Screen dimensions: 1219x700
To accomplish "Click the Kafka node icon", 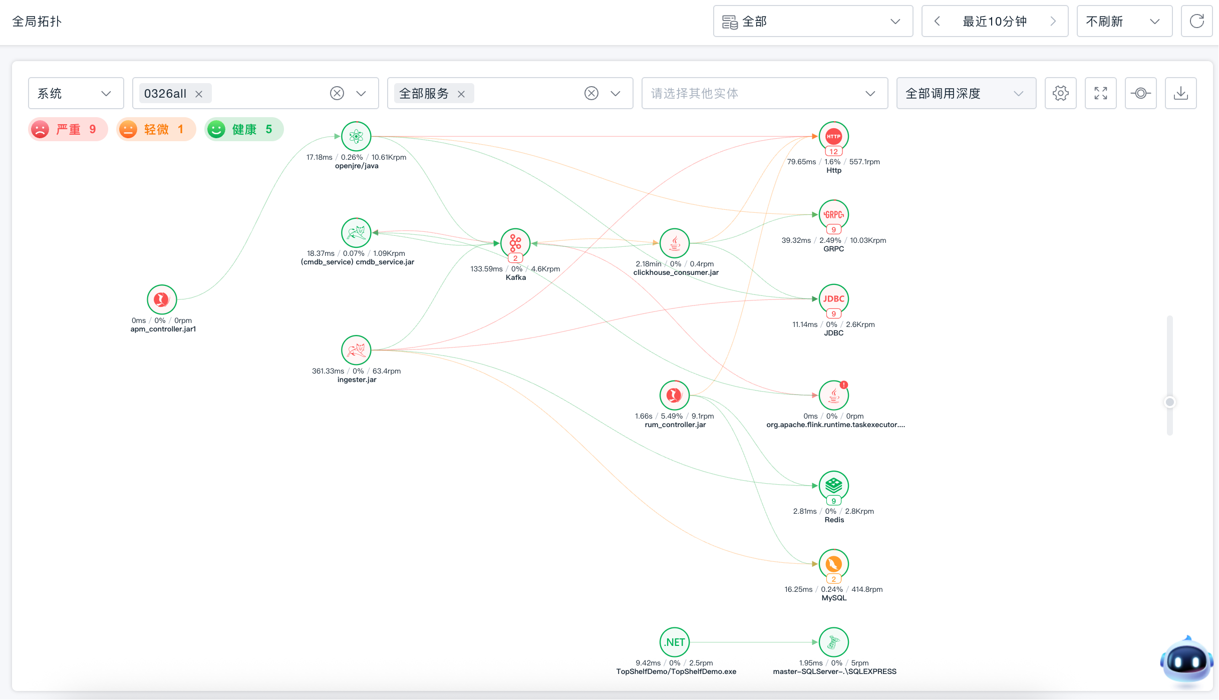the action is click(x=515, y=243).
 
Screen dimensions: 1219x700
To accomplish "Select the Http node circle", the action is click(x=833, y=136).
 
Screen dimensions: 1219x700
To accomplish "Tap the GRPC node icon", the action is click(x=833, y=215).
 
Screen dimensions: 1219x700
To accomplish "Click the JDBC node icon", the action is click(x=833, y=299).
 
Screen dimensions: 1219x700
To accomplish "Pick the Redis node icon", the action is click(x=833, y=486).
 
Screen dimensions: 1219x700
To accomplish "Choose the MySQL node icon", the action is click(x=833, y=564).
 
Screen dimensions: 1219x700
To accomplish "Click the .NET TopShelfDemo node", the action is click(x=675, y=642).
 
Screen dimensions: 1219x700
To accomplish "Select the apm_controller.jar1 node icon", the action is click(x=162, y=299).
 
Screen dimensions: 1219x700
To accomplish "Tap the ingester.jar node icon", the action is click(x=356, y=350).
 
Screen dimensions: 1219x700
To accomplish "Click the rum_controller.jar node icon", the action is click(x=675, y=395).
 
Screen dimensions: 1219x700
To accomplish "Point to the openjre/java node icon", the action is click(x=356, y=136).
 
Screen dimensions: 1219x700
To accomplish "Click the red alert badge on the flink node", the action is click(x=844, y=385).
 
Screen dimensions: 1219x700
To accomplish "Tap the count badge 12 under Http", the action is click(x=833, y=152).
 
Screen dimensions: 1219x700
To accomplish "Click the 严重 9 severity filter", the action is click(x=68, y=130).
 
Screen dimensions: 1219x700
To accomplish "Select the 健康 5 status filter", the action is click(x=244, y=130).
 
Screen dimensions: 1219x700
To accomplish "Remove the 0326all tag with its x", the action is click(x=199, y=94).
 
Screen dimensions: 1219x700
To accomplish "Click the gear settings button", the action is click(x=1060, y=93).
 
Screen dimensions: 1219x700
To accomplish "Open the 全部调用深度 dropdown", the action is click(x=966, y=93).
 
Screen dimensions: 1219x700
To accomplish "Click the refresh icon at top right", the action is click(x=1196, y=21).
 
